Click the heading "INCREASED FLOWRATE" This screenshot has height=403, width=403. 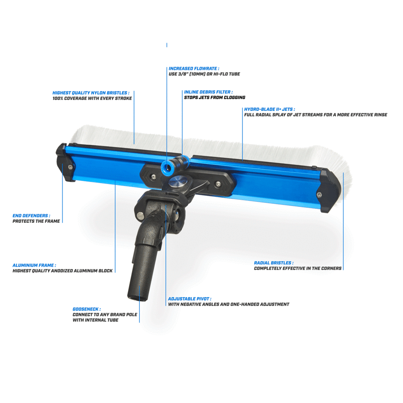[x=194, y=68]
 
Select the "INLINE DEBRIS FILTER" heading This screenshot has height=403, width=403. [x=208, y=92]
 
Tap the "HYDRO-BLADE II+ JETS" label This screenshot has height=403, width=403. [x=269, y=109]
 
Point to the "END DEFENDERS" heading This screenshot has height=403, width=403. [x=31, y=216]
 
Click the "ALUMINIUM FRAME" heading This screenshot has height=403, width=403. [x=34, y=265]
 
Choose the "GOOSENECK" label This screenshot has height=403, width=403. [x=86, y=309]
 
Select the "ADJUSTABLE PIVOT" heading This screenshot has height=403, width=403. [x=189, y=299]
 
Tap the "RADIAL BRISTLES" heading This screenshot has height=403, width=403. [x=273, y=263]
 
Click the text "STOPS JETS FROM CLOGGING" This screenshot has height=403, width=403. [x=214, y=98]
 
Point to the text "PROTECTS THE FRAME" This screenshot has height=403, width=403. [x=36, y=221]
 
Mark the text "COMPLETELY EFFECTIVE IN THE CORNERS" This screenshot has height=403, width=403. [x=298, y=268]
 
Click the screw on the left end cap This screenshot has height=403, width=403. [x=70, y=167]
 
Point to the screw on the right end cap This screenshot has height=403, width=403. [x=319, y=194]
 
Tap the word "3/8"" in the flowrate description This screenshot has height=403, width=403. [x=182, y=74]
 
